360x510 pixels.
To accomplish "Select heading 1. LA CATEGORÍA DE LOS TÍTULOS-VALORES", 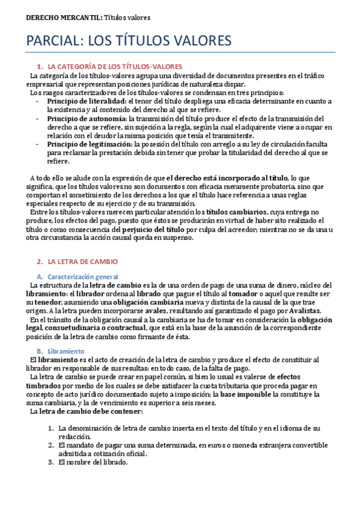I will (x=114, y=66).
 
